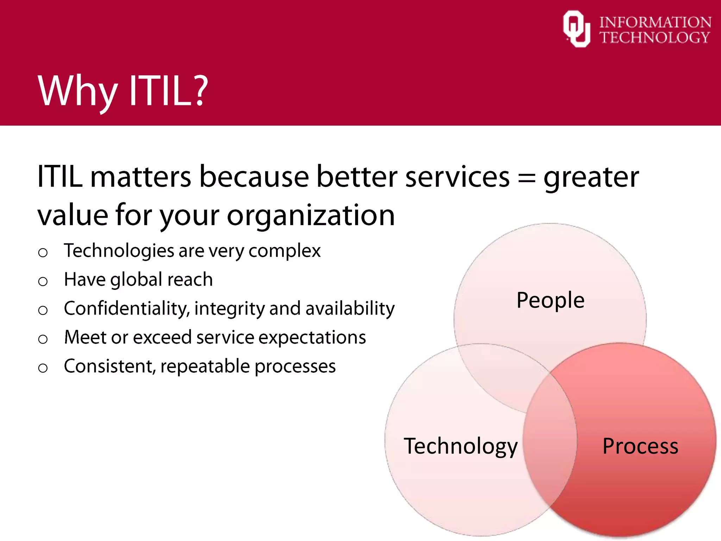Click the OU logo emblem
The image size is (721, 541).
pos(576,29)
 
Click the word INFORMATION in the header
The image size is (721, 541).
pos(655,22)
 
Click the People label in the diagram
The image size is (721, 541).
pos(550,300)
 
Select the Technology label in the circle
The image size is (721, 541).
pos(460,446)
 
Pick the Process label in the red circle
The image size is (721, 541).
pos(640,446)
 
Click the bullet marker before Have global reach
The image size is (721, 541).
pos(43,281)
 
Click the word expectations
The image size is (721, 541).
pos(312,338)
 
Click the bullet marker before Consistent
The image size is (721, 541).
pos(43,368)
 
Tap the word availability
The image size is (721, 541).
pos(350,309)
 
